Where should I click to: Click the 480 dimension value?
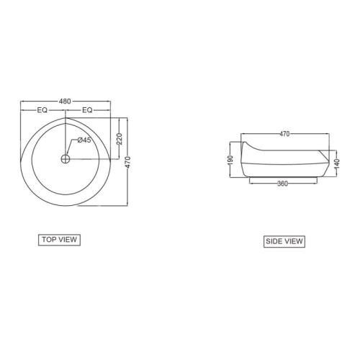pos(65,102)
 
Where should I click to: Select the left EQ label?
pos(42,110)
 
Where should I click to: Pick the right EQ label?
pos(87,110)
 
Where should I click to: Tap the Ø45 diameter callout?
pos(84,140)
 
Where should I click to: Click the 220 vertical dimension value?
pos(120,139)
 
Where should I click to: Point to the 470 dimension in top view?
pos(127,162)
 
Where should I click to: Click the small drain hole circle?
pos(66,158)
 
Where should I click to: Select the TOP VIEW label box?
pos(59,240)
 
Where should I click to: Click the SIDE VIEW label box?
pos(284,241)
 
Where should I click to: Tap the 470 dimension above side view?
pos(284,134)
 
